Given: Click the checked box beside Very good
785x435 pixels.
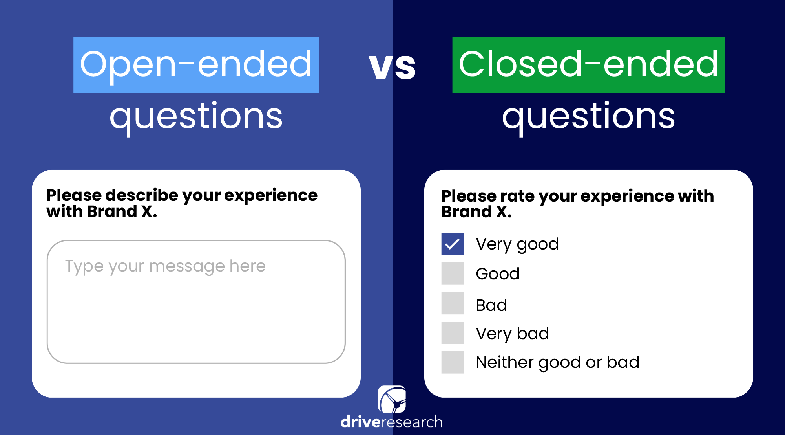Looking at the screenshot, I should (452, 244).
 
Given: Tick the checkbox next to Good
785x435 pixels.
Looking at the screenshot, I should (452, 273).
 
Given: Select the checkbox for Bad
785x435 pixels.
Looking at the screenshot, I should (452, 303).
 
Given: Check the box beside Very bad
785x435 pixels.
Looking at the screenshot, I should (452, 333).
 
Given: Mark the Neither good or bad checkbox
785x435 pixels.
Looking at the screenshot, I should (452, 362).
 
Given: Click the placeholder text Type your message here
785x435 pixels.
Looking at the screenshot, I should (165, 266).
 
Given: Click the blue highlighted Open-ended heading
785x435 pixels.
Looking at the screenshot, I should (196, 64).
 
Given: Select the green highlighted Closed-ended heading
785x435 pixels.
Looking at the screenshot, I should (588, 64).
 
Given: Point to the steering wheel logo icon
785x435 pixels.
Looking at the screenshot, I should (392, 399).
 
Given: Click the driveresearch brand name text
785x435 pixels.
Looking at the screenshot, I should (391, 422).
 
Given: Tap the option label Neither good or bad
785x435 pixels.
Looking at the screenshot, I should (557, 362).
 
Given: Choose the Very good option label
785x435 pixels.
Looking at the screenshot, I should (517, 244).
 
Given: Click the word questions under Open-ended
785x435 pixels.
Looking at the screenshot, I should (196, 116).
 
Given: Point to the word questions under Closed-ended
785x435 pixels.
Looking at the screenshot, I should (588, 116).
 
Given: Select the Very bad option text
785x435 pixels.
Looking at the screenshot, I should (512, 334).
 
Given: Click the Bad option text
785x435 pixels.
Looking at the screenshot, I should (491, 305).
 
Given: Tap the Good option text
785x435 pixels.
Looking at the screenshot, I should (498, 274).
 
